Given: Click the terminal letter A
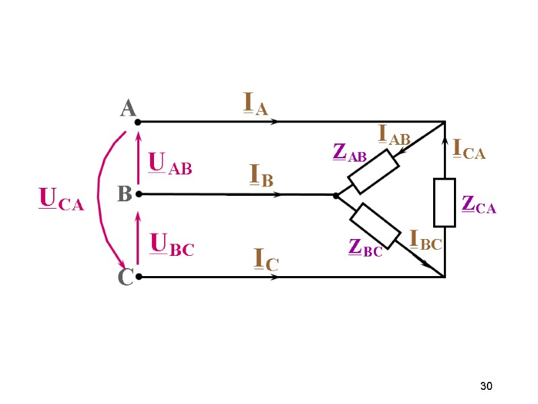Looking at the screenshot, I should click(128, 108).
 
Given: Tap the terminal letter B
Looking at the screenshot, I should click(124, 195).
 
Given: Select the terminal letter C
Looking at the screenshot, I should click(125, 277).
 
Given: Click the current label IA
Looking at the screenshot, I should click(255, 105).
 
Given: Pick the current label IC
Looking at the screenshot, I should click(266, 261).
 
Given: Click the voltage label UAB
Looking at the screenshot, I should click(169, 164).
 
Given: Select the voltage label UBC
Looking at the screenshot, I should click(171, 244).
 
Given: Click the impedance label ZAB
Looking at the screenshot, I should click(350, 153).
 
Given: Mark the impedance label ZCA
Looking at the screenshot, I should click(479, 204).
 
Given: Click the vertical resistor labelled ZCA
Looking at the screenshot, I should click(445, 202).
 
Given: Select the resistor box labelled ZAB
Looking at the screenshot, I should click(373, 172).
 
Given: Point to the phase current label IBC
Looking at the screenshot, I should click(426, 240).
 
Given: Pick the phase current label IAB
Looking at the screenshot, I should click(394, 135).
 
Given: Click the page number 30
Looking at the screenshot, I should click(486, 386).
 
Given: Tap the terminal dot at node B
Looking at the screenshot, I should click(137, 195).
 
